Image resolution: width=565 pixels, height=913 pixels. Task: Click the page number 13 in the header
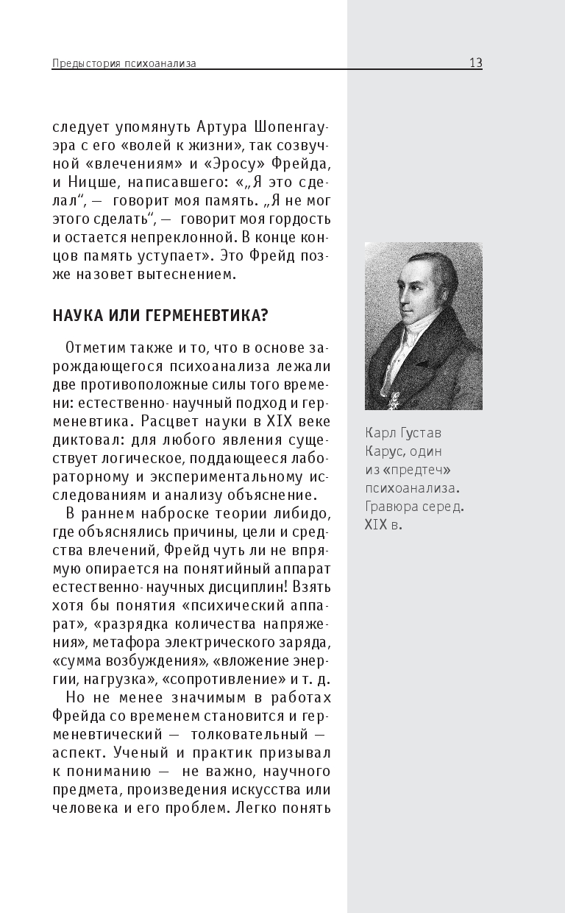click(475, 63)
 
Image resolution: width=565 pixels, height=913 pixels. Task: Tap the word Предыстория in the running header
click(82, 64)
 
